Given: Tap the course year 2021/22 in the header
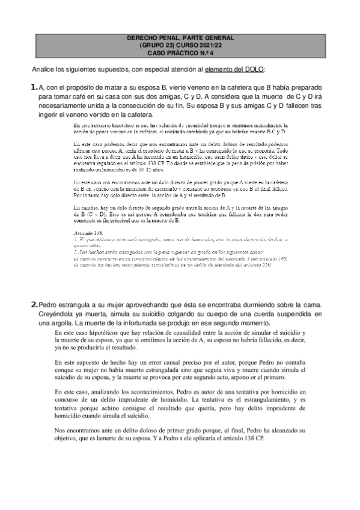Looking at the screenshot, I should pos(204,45).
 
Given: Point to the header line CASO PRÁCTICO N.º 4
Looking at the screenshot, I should pos(180,52).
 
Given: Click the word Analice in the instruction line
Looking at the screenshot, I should pos(44,69).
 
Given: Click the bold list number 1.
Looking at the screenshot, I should pos(34,87).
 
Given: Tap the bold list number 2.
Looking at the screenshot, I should pos(34,305).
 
